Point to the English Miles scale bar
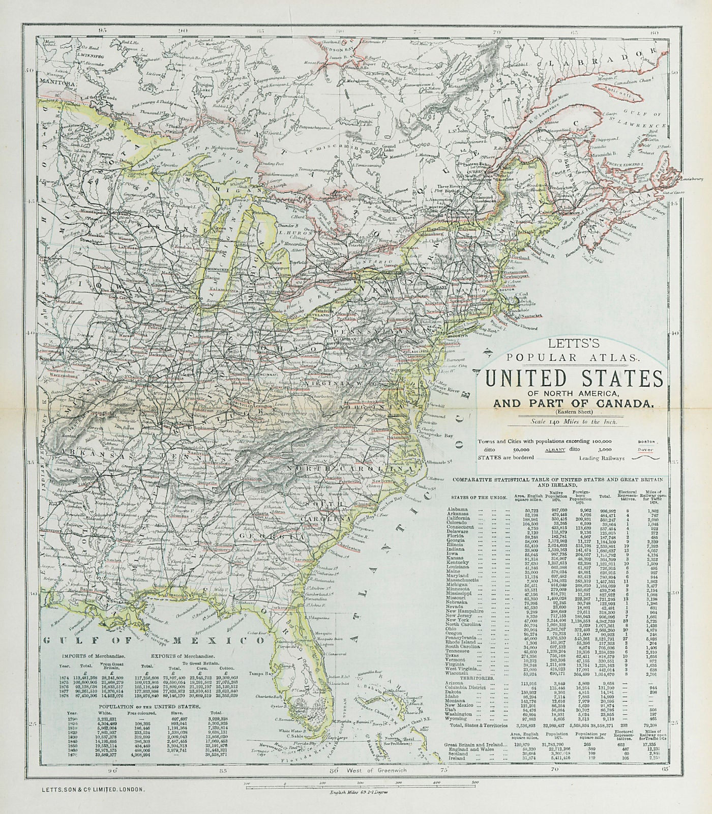pyautogui.click(x=361, y=783)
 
